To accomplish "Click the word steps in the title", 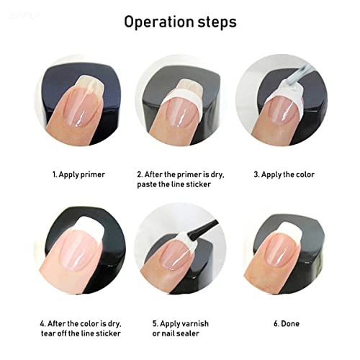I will point(215,21).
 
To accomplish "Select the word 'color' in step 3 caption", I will point(303,175).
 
